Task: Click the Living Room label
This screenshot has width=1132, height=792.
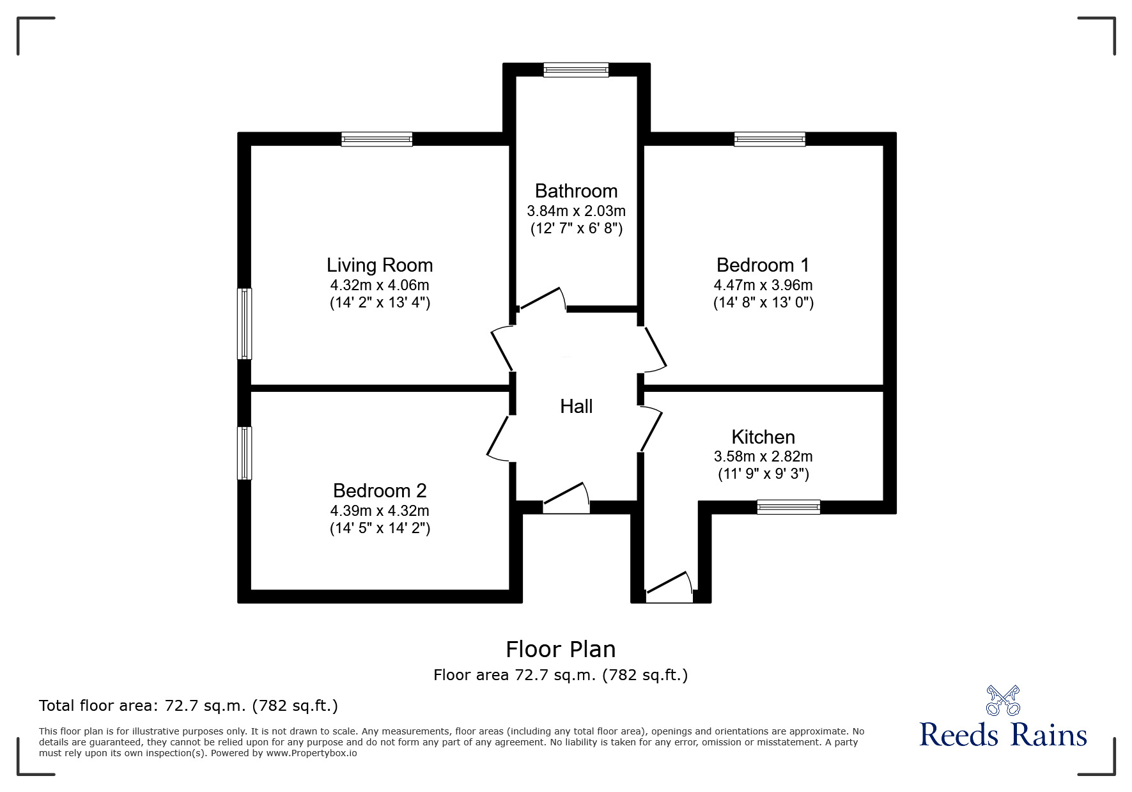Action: click(x=380, y=265)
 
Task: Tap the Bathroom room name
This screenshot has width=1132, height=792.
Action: click(x=576, y=190)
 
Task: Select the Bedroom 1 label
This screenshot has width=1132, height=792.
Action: click(x=763, y=265)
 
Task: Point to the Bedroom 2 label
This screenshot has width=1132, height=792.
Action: click(x=380, y=490)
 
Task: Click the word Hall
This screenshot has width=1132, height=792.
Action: click(x=576, y=406)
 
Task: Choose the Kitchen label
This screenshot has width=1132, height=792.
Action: click(x=763, y=437)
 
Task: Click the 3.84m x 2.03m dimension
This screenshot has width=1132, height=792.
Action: click(x=576, y=210)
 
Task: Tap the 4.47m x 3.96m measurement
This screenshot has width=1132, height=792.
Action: click(x=763, y=284)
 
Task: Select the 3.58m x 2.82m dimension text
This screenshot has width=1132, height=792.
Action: click(x=763, y=456)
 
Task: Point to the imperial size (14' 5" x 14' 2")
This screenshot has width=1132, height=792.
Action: click(x=380, y=528)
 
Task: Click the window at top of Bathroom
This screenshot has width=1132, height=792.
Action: click(x=576, y=69)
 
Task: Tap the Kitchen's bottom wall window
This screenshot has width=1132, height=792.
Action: click(x=788, y=507)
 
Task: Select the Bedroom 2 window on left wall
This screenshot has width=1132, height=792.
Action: click(x=244, y=453)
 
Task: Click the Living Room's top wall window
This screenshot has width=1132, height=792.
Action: click(x=376, y=139)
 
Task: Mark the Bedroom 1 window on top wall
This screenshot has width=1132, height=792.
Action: click(x=770, y=139)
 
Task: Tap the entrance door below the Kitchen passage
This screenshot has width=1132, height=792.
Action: click(x=669, y=587)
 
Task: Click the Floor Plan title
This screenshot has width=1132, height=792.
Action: click(x=561, y=649)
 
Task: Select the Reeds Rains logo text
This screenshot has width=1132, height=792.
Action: click(x=1003, y=734)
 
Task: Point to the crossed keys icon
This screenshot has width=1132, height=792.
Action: click(x=1003, y=700)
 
